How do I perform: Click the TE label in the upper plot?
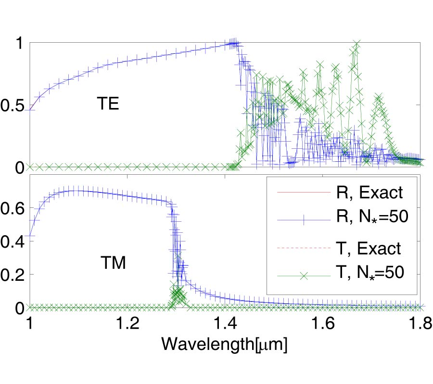(x=108, y=105)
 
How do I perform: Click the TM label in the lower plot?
(x=115, y=263)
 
